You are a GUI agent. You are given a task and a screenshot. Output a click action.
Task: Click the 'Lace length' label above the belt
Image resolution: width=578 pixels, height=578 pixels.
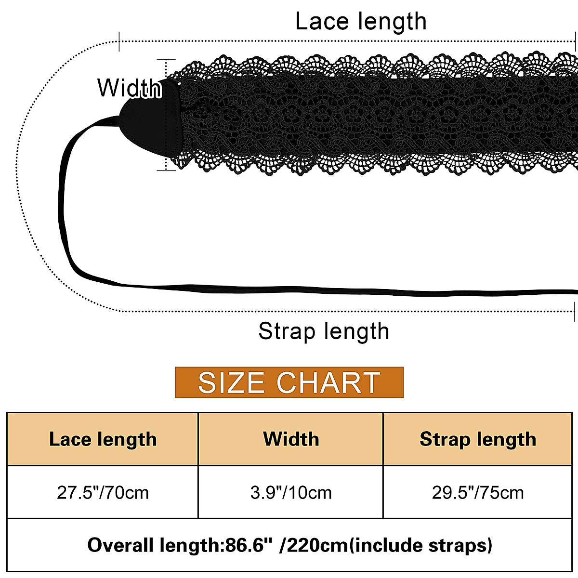coord(361,22)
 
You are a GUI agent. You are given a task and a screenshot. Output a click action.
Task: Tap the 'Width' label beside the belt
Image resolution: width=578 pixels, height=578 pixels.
coord(129,88)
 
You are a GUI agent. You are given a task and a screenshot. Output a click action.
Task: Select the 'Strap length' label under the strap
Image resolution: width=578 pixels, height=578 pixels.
coord(324,331)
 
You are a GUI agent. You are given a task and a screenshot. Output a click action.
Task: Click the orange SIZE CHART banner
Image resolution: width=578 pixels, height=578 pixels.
coord(289,382)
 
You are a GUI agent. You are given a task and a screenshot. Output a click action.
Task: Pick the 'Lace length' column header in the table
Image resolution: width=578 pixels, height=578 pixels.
coord(103,439)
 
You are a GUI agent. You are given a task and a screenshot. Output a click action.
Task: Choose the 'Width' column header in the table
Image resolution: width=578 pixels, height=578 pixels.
coord(291,439)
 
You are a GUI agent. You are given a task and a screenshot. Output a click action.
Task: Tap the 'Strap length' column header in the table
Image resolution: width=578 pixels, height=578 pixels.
coord(478,439)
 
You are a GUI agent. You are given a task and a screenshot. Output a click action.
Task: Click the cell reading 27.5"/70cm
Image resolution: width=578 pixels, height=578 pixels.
coord(103,493)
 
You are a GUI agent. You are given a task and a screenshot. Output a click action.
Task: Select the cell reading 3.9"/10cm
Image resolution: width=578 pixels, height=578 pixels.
coord(291,493)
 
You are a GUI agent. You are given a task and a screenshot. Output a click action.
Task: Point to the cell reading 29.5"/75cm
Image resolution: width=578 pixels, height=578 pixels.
coord(478,493)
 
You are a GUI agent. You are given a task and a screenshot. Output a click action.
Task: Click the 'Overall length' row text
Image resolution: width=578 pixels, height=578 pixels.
coord(289,545)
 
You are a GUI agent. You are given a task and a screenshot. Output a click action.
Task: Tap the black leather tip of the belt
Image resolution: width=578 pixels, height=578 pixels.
coord(152,120)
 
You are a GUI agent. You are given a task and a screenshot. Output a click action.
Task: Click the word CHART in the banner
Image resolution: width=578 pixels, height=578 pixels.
coord(328,383)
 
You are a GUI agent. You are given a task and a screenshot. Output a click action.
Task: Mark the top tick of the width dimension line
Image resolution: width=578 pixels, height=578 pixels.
coord(166,59)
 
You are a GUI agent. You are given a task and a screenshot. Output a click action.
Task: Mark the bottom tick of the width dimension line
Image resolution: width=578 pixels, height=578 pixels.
coord(166,170)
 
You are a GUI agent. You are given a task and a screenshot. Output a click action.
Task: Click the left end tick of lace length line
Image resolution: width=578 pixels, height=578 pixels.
coord(119,41)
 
